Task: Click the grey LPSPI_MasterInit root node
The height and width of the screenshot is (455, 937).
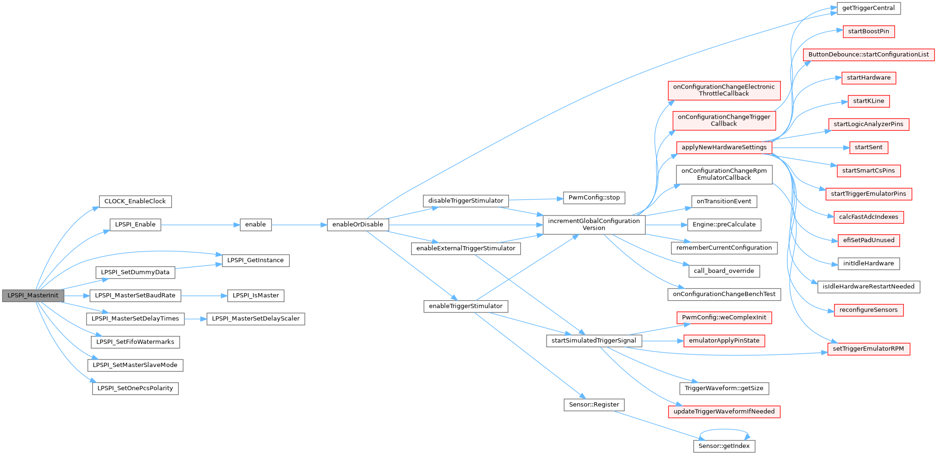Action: [x=33, y=295]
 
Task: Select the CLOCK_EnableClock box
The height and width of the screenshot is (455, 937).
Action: [x=135, y=201]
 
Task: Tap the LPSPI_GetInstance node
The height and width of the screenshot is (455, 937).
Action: [x=255, y=260]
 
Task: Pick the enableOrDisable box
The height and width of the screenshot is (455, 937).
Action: [x=357, y=224]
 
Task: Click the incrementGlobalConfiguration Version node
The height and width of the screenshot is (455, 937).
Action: [x=594, y=224]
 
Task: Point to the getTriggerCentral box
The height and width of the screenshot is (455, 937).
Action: [x=868, y=8]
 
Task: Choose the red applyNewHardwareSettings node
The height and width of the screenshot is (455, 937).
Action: [x=724, y=147]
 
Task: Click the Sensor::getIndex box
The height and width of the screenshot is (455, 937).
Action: [x=724, y=446]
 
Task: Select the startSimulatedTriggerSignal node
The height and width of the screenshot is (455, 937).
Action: [x=594, y=341]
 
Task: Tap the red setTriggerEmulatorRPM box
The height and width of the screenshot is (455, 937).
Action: [x=868, y=349]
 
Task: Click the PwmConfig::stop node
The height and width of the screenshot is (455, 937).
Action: [x=594, y=198]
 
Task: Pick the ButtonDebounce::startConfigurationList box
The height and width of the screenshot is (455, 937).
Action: [x=868, y=55]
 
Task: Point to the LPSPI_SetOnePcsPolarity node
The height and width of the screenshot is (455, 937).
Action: [x=135, y=388]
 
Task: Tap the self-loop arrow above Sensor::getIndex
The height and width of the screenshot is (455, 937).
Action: [x=724, y=430]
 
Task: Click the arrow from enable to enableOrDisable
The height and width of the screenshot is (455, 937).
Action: [x=299, y=225]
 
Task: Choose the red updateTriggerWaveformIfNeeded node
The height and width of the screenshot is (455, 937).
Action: [x=724, y=411]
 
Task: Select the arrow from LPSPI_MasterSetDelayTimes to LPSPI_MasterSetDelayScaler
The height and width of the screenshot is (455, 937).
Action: [x=195, y=319]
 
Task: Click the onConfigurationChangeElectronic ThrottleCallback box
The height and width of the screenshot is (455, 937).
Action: [x=724, y=90]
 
